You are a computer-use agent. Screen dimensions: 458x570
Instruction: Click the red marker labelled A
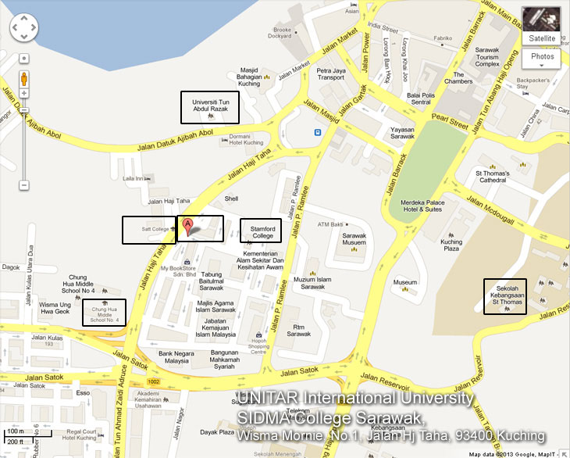tap(187, 227)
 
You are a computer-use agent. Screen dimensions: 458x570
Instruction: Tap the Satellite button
tap(540, 38)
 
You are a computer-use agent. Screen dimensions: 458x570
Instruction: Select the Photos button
tap(542, 56)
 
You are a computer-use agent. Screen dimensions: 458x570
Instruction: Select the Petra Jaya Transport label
tap(330, 74)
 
